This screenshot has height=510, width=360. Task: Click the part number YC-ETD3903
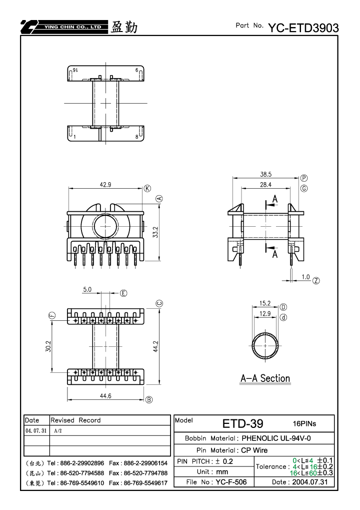(x=303, y=28)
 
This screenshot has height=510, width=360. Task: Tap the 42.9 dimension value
(x=105, y=184)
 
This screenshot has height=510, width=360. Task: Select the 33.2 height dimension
(x=155, y=232)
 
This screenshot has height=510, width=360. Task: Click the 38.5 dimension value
(x=265, y=174)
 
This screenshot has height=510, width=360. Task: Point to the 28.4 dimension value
(x=265, y=184)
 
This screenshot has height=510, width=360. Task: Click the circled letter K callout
(x=147, y=189)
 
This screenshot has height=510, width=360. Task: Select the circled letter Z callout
(x=316, y=280)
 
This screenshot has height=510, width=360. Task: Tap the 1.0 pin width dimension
(x=305, y=277)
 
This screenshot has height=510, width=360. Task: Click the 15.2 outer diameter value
(x=265, y=303)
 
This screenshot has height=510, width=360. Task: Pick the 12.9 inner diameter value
(x=265, y=313)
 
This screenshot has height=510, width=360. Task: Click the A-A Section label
(x=265, y=378)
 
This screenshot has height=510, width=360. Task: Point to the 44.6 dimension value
(x=105, y=396)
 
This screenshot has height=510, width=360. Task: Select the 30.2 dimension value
(x=48, y=346)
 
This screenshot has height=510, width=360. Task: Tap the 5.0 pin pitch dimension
(x=87, y=289)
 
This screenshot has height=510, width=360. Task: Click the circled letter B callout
(x=149, y=400)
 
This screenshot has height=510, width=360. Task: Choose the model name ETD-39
(x=242, y=423)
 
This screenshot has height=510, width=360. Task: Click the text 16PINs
(x=304, y=423)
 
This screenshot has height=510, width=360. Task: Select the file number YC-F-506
(x=231, y=482)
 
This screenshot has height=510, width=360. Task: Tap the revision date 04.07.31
(x=36, y=430)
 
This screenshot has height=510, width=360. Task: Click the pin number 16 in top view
(x=75, y=70)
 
